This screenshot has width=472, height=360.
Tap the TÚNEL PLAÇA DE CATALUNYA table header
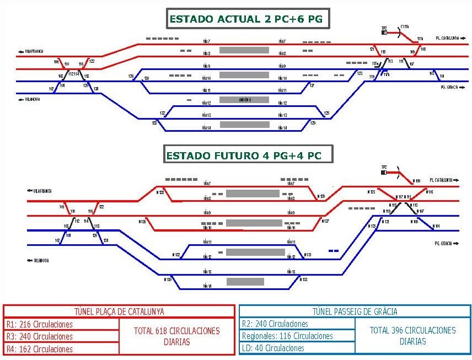pos(119,311)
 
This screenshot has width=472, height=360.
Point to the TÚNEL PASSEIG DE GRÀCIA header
pos(355,311)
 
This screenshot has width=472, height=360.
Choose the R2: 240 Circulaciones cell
pos(297,324)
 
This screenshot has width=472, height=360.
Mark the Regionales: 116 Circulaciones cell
pos(297,336)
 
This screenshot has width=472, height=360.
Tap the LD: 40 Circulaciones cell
pos(297,348)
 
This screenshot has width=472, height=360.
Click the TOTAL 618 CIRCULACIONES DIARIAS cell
pos(176,336)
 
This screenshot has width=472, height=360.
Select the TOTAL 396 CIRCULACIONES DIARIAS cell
pos(412,336)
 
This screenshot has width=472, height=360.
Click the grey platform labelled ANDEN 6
pos(244,100)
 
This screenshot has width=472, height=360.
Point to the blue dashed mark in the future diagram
pos(333,251)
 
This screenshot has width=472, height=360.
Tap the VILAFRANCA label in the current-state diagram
pos(33,51)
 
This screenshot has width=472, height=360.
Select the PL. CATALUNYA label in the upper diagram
pos(447,38)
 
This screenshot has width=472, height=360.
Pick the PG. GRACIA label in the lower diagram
pos(445,243)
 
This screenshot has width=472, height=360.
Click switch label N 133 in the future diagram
pos(303,280)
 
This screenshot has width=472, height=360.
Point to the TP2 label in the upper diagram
pos(384,28)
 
